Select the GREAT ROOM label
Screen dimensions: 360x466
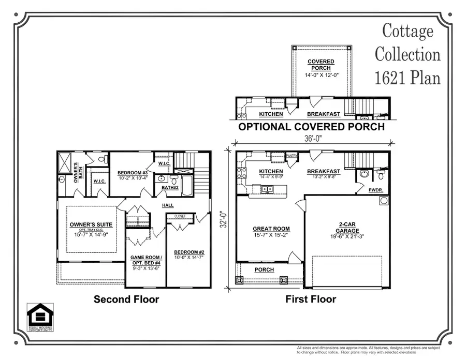coord(271,229)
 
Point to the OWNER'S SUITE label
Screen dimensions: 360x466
coord(91,224)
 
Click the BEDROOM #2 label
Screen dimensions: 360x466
coord(189,252)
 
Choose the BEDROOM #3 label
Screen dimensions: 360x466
coord(133,173)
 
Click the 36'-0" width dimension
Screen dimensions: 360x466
coord(313,138)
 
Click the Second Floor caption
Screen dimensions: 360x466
coord(126,299)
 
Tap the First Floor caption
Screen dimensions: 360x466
coord(311,299)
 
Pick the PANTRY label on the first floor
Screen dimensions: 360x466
coord(293,155)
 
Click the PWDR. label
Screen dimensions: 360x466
coord(375,190)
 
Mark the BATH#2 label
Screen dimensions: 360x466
coord(170,187)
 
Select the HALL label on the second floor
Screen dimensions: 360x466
coord(168,205)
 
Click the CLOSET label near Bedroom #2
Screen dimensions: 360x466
coord(180,216)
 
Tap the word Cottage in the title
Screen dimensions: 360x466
coord(407,31)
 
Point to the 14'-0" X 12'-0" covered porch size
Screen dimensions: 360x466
coord(321,74)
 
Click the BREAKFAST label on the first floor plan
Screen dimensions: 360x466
coord(323,171)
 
